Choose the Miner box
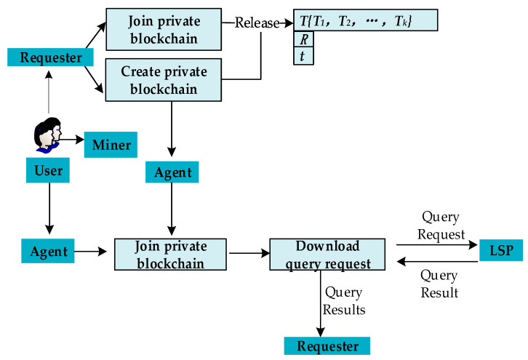pos(111,145)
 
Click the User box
pos(48,172)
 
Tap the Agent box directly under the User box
pos(47,252)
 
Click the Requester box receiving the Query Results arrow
pos(327,345)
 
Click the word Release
pos(257,23)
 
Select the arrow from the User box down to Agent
pos(48,211)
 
